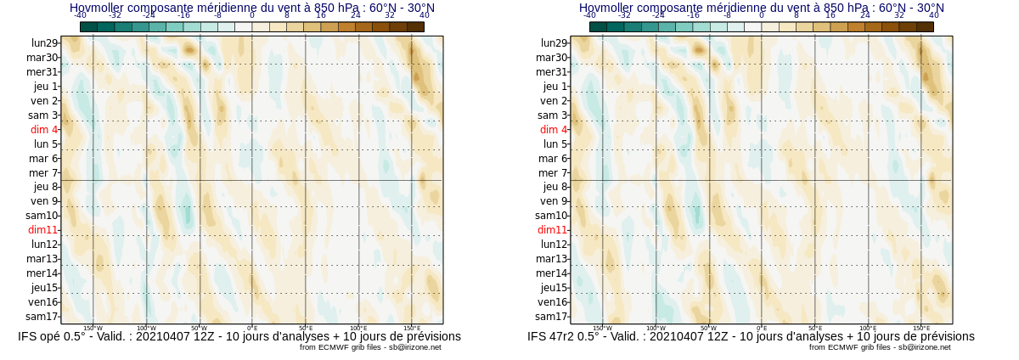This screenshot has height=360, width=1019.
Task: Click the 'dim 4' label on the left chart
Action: pyautogui.click(x=44, y=130)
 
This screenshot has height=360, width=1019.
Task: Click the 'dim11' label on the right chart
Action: pyautogui.click(x=552, y=230)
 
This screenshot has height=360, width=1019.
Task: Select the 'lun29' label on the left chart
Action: pyautogui.click(x=45, y=43)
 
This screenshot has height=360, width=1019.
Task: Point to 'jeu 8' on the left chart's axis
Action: pyautogui.click(x=46, y=187)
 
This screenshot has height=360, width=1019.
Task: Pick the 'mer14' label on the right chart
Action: pyautogui.click(x=552, y=273)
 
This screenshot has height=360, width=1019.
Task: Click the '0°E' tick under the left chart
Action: pyautogui.click(x=252, y=328)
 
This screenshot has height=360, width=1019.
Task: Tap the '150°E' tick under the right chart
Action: pyautogui.click(x=921, y=328)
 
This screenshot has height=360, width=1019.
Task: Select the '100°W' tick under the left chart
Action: pyautogui.click(x=146, y=328)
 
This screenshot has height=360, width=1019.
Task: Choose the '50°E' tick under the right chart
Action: pyautogui.click(x=815, y=328)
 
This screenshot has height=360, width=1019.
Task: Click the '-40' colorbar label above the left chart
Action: pyautogui.click(x=80, y=15)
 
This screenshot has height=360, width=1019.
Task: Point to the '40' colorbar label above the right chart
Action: pyautogui.click(x=934, y=15)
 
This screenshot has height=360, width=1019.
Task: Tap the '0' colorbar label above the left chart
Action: pyautogui.click(x=252, y=15)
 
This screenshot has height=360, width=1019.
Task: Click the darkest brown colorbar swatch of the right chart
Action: pyautogui.click(x=925, y=26)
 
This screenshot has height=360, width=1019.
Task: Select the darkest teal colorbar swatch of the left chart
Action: pyautogui.click(x=89, y=26)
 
